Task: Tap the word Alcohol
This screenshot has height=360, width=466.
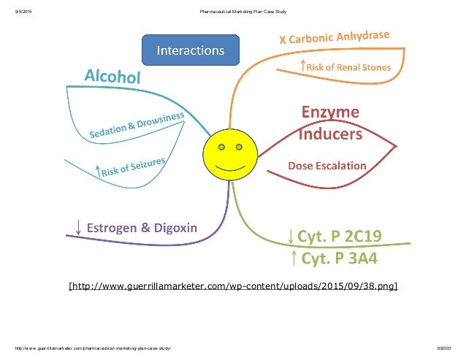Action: pyautogui.click(x=112, y=76)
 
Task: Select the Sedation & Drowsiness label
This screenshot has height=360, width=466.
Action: pyautogui.click(x=138, y=123)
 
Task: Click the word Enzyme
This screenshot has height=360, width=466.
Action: pyautogui.click(x=330, y=112)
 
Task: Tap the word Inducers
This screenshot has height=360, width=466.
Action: pyautogui.click(x=330, y=134)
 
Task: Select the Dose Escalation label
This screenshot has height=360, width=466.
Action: pyautogui.click(x=327, y=166)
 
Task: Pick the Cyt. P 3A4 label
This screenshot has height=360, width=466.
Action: pyautogui.click(x=340, y=258)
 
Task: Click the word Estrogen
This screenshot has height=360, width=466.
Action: pyautogui.click(x=114, y=227)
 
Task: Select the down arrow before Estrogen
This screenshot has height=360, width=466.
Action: pyautogui.click(x=77, y=226)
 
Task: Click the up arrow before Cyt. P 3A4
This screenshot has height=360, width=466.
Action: pyautogui.click(x=292, y=258)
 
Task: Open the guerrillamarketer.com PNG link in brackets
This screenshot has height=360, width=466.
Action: pyautogui.click(x=232, y=285)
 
